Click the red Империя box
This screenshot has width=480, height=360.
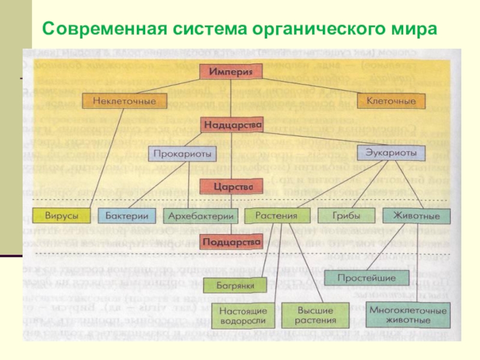coord(236,71)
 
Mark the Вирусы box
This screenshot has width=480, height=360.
coord(60,215)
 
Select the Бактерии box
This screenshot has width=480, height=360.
coord(127,215)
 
